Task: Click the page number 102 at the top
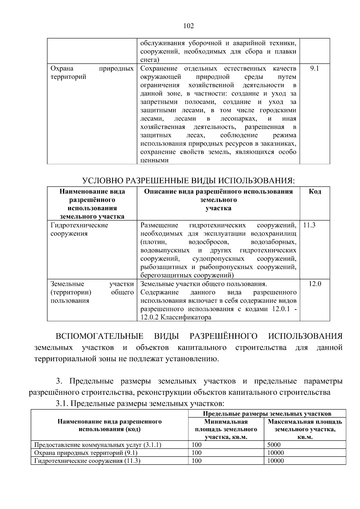tap(188, 26)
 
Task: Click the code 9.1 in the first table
tap(314, 68)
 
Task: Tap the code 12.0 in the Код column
tap(315, 284)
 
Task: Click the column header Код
tap(315, 191)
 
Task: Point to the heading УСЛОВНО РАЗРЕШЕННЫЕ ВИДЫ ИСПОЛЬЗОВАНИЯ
tap(188, 181)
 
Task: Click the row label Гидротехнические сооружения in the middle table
tap(79, 229)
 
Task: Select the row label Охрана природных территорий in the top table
tap(92, 73)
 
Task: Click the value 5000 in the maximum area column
tap(274, 445)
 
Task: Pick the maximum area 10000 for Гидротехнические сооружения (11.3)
tap(275, 461)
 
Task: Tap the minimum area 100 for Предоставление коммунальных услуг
tap(196, 445)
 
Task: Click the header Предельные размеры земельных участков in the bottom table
tap(267, 414)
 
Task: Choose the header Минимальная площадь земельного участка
tap(226, 429)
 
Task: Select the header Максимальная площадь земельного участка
tap(305, 429)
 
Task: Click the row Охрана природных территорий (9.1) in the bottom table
tap(86, 453)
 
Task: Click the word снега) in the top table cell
tap(150, 60)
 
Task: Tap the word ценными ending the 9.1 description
tap(154, 160)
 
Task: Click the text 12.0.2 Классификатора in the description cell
tap(176, 317)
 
